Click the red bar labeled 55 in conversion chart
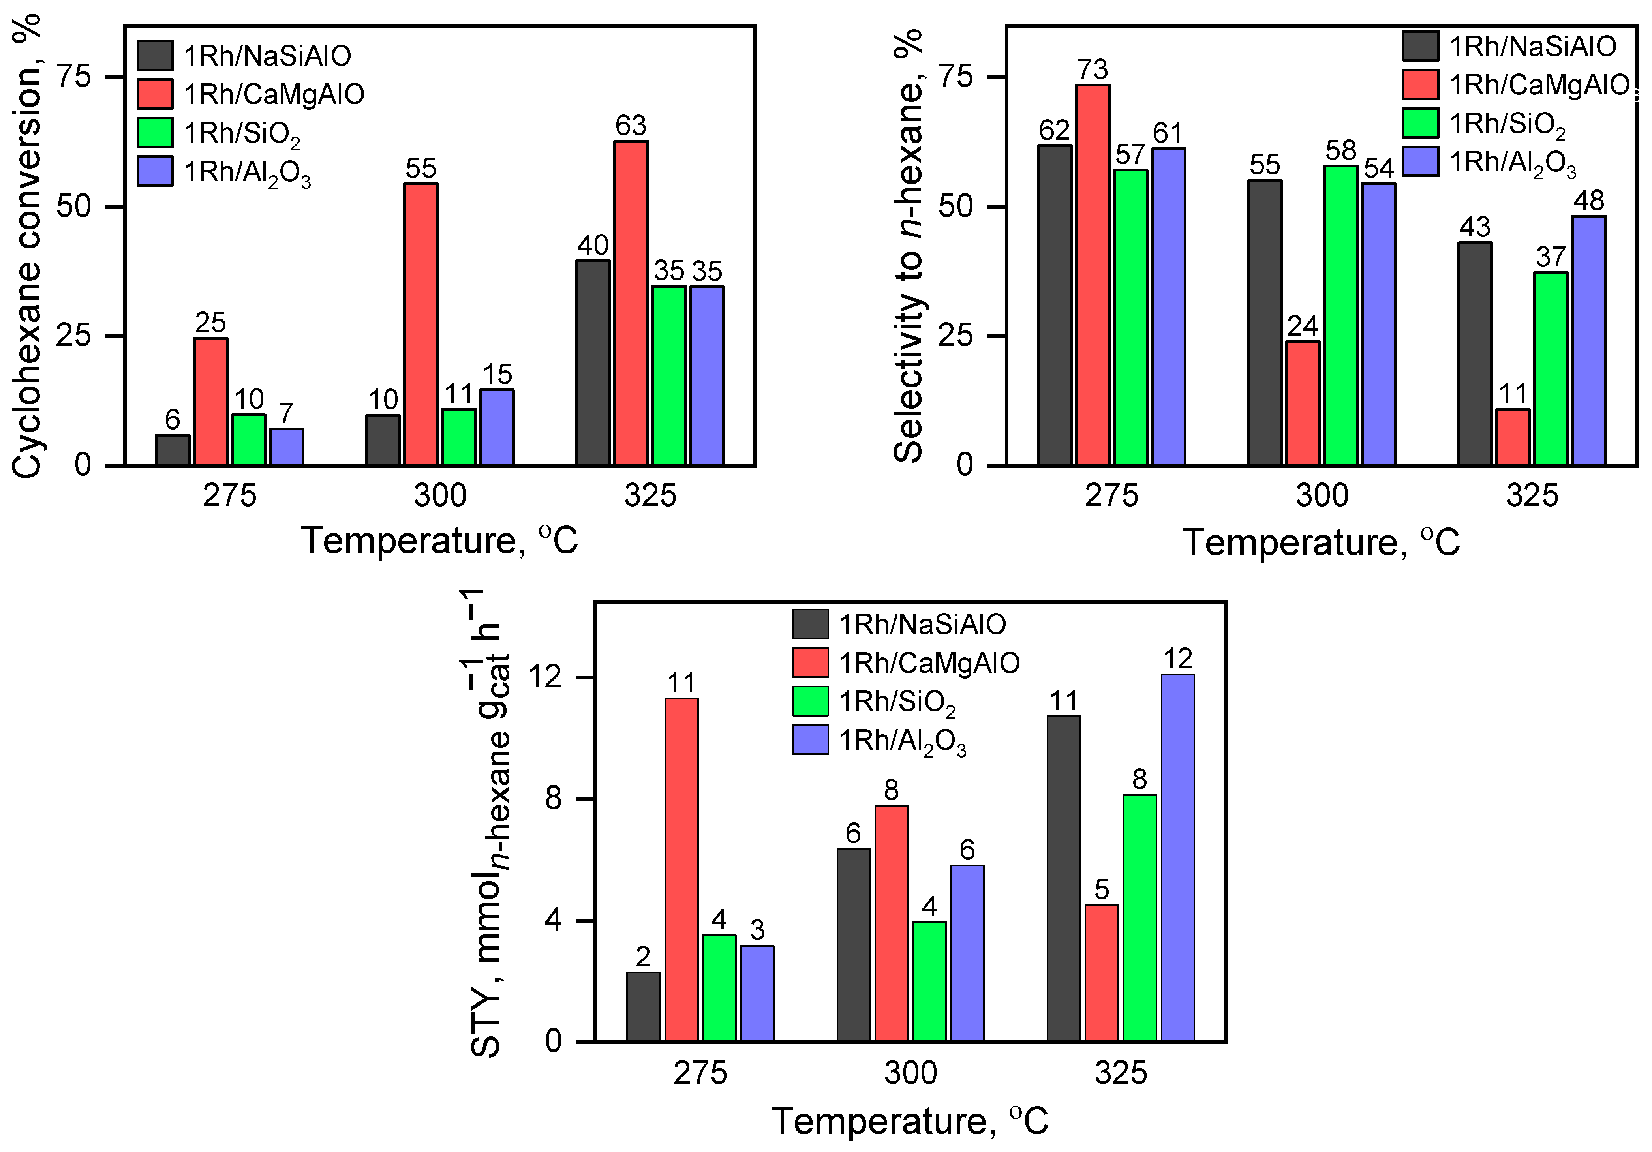pos(420,324)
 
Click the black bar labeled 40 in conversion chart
pos(593,363)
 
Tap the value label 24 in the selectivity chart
pos(1302,326)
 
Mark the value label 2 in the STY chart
pos(642,957)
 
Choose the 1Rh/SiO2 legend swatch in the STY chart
pos(810,701)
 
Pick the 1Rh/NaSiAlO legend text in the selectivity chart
pos(1532,47)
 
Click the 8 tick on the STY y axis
pos(553,799)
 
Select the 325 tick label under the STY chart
pos(1120,1073)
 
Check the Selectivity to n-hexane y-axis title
pos(908,245)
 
